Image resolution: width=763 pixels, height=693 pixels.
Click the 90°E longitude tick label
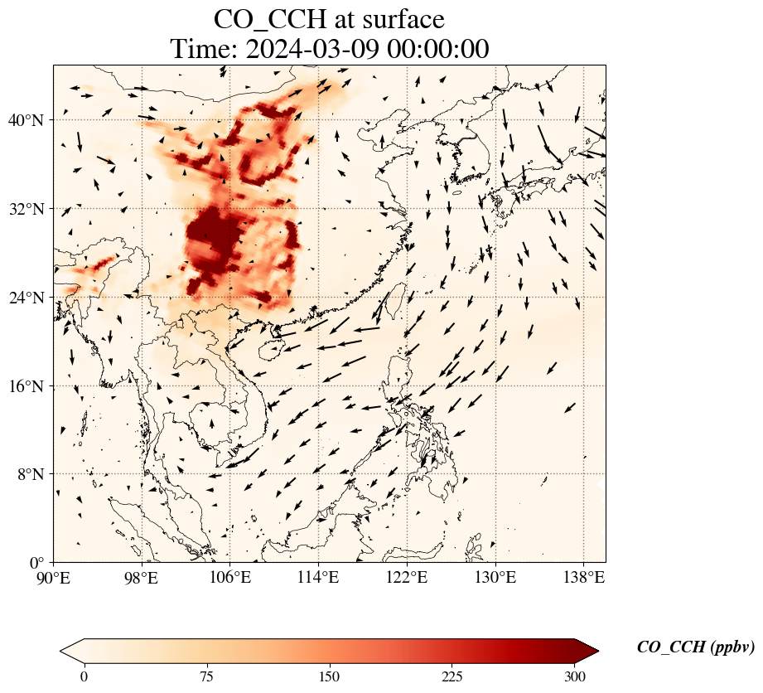(x=54, y=578)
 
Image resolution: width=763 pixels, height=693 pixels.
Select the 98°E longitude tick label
(x=142, y=578)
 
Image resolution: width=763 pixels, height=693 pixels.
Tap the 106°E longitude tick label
(x=230, y=578)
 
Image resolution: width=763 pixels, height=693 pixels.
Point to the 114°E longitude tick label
(x=318, y=578)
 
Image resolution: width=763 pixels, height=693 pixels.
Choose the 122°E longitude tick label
(x=407, y=578)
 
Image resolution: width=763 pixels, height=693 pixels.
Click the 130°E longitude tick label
(x=495, y=578)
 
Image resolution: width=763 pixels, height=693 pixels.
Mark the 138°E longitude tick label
(x=583, y=578)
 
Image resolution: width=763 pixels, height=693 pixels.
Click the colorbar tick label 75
(x=206, y=677)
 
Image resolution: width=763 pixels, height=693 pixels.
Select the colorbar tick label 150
(x=330, y=677)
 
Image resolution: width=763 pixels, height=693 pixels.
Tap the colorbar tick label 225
(x=452, y=677)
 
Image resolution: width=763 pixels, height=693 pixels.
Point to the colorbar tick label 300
(x=575, y=677)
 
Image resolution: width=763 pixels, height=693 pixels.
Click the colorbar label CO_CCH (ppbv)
(x=695, y=647)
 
